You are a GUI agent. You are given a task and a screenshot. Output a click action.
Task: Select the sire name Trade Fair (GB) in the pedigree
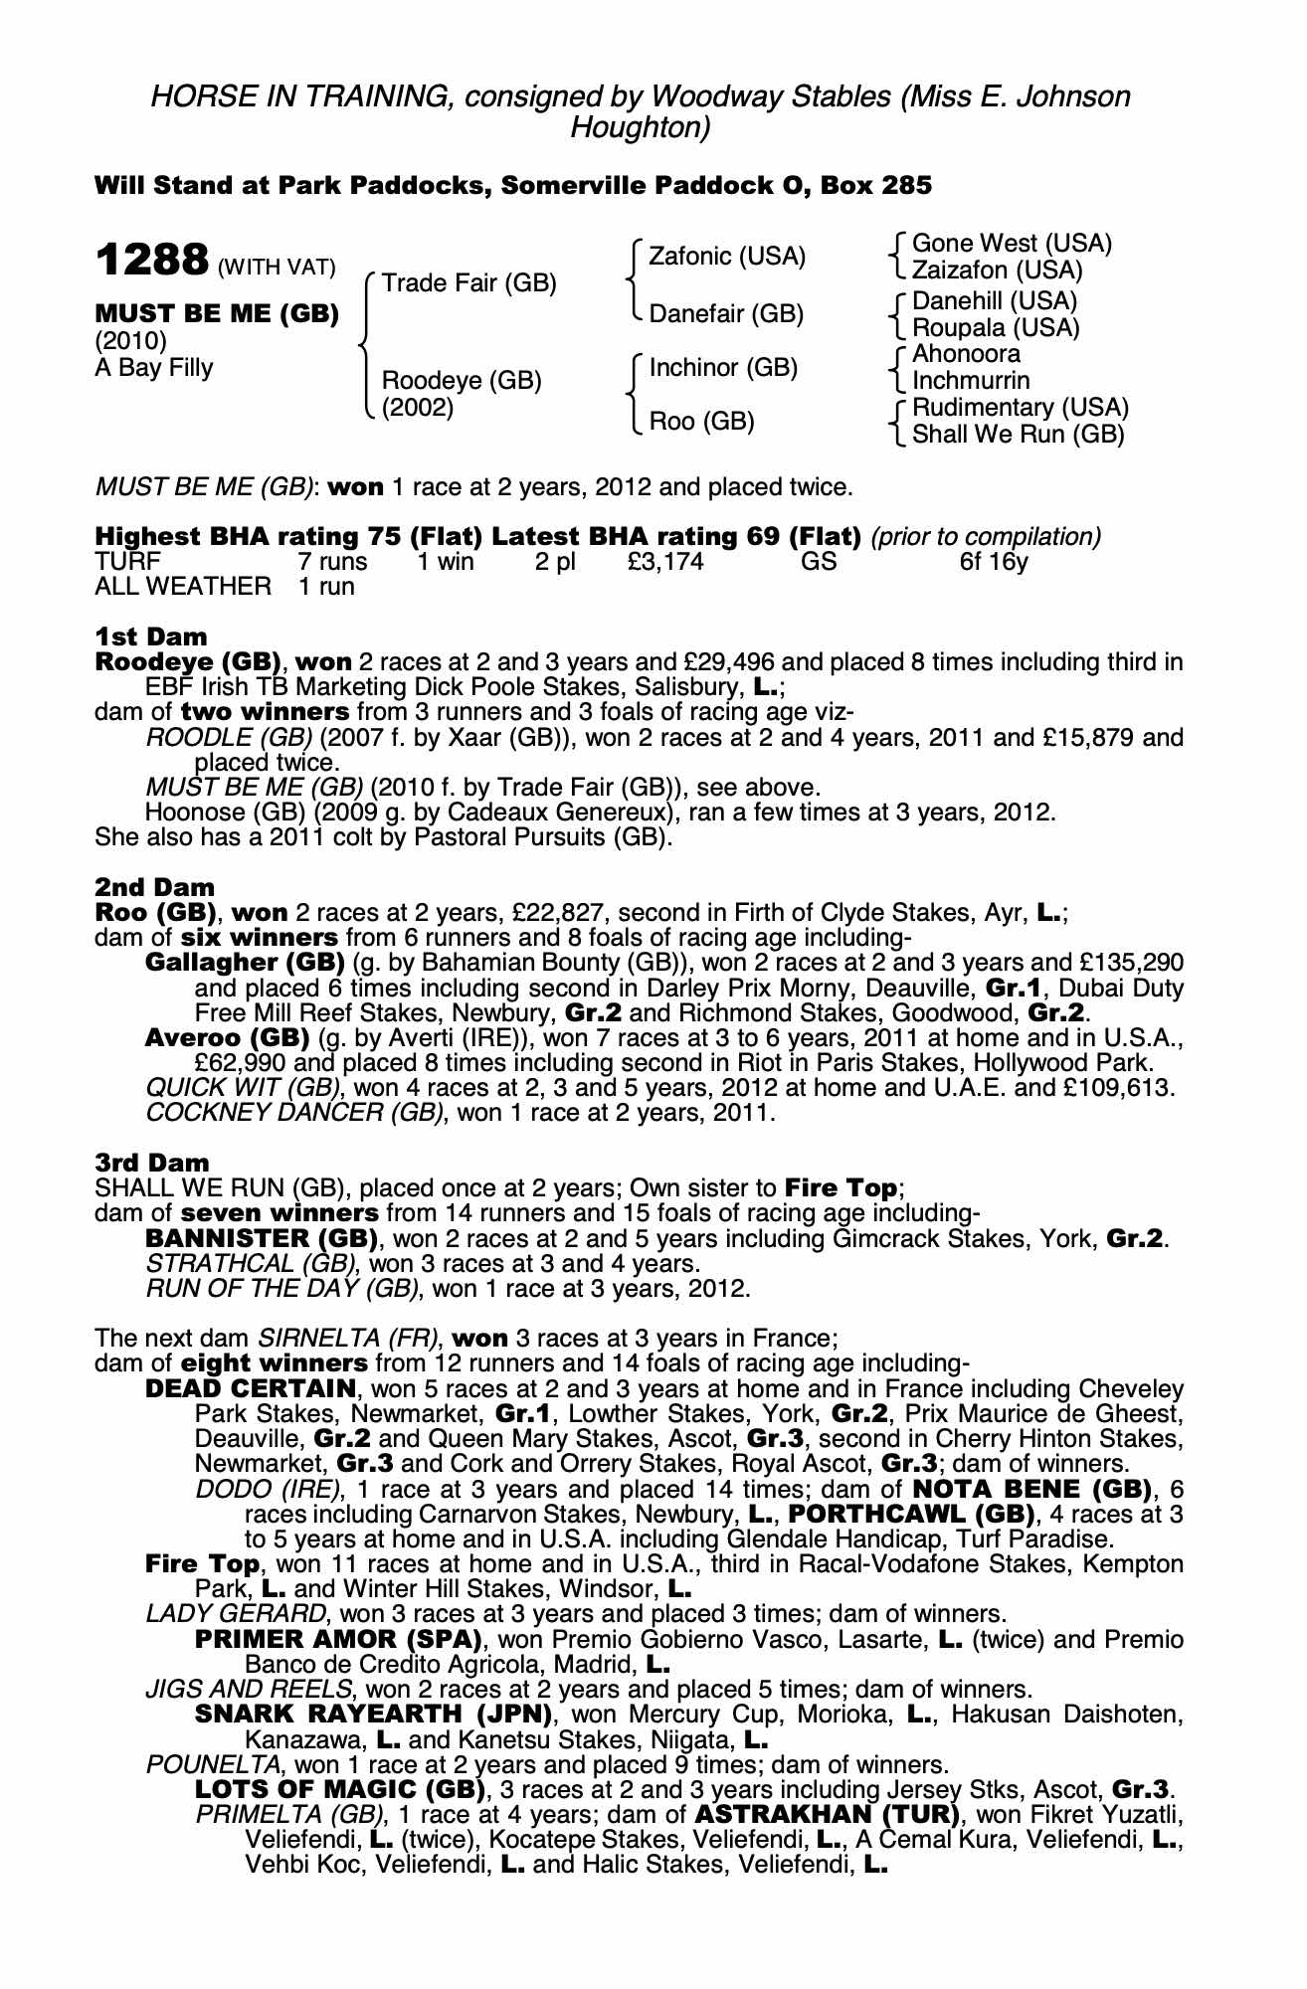point(468,283)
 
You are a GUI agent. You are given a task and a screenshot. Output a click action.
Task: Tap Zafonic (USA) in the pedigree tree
point(726,257)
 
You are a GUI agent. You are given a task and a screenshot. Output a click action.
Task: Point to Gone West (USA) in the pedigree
point(1012,244)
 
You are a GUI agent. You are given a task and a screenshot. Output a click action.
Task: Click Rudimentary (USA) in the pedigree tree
point(1020,408)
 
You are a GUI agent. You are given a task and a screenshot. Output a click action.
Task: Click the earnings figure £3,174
point(665,562)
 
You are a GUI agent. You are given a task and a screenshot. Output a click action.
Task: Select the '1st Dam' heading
point(151,636)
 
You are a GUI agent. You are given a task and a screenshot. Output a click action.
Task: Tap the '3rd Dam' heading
point(152,1163)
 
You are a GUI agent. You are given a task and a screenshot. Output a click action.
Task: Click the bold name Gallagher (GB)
point(245,963)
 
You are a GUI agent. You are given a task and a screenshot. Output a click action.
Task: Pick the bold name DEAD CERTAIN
point(251,1388)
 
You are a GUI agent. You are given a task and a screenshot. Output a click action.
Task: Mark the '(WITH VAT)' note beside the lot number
point(277,268)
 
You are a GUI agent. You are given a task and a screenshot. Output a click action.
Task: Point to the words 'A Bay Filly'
point(154,368)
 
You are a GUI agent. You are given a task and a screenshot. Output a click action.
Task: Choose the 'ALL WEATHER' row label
point(182,587)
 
